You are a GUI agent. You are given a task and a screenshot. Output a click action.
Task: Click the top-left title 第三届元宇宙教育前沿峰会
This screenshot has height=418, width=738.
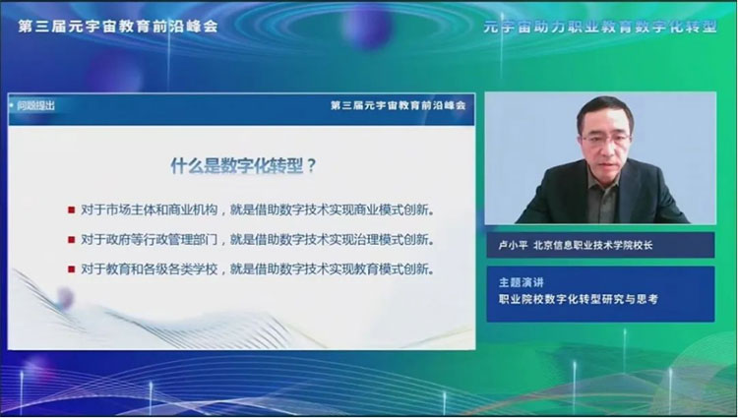pyautogui.click(x=118, y=27)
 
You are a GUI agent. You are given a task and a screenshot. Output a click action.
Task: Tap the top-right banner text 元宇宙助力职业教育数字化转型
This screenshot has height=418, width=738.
pyautogui.click(x=600, y=27)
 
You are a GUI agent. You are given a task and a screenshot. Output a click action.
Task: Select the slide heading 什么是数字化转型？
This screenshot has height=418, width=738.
pyautogui.click(x=243, y=166)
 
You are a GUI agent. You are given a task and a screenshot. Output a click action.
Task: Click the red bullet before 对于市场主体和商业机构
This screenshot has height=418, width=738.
pyautogui.click(x=72, y=209)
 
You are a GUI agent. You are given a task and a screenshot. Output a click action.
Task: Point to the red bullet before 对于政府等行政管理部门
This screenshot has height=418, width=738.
pyautogui.click(x=72, y=240)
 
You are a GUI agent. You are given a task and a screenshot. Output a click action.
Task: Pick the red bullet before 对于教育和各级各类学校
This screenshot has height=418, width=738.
pyautogui.click(x=72, y=269)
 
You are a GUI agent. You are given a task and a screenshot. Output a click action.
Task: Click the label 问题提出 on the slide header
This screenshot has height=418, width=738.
pyautogui.click(x=35, y=106)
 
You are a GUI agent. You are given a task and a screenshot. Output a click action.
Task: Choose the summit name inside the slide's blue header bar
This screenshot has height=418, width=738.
pyautogui.click(x=399, y=105)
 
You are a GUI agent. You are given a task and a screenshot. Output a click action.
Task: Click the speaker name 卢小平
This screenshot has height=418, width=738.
pyautogui.click(x=513, y=246)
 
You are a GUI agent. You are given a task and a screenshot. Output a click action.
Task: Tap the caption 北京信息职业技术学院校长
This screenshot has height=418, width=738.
pyautogui.click(x=593, y=246)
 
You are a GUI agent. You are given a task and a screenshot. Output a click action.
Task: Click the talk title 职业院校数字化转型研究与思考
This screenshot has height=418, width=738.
pyautogui.click(x=579, y=299)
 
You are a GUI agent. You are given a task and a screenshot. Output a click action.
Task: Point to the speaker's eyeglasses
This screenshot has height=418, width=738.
pyautogui.click(x=607, y=139)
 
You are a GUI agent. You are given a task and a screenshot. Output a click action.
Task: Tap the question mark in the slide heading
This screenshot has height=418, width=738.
pyautogui.click(x=311, y=166)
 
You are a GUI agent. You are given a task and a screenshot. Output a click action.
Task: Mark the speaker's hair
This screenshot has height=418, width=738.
pyautogui.click(x=604, y=109)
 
